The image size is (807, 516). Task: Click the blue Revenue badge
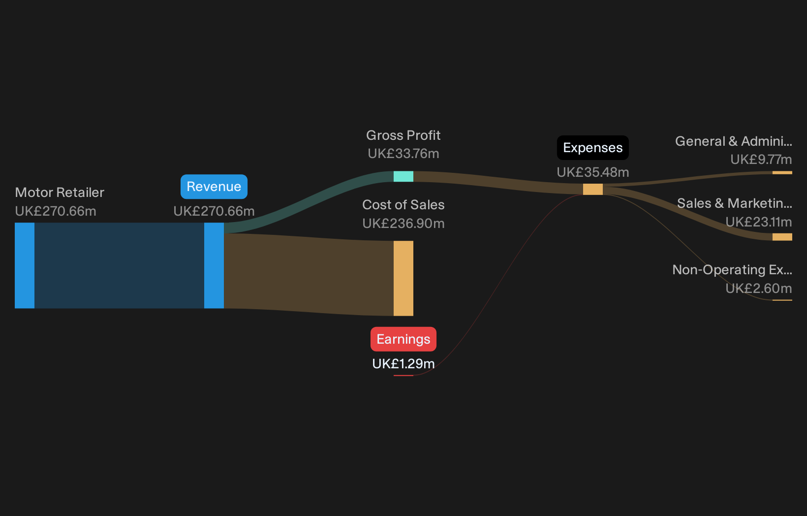(x=214, y=187)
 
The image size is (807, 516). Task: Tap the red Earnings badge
(x=403, y=339)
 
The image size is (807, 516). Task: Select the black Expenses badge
(x=593, y=148)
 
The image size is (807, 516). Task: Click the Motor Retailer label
(x=60, y=193)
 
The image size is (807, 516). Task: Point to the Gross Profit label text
(x=403, y=135)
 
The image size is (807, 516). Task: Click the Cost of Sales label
(x=403, y=205)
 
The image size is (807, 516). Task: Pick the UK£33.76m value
(x=403, y=154)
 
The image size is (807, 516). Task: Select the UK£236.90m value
(x=403, y=224)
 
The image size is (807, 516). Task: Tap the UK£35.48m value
(x=593, y=172)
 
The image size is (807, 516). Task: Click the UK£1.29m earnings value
(x=403, y=364)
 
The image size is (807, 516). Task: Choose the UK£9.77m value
(x=761, y=160)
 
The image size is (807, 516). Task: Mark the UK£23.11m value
(x=759, y=222)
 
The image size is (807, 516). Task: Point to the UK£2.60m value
(x=759, y=289)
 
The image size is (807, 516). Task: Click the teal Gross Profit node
(x=403, y=176)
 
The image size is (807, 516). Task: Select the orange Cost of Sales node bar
(x=403, y=278)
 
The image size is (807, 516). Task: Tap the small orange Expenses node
(x=593, y=189)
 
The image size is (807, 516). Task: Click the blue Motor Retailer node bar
(x=25, y=266)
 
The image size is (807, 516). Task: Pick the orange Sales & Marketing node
(x=782, y=237)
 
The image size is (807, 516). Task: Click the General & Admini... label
(x=734, y=141)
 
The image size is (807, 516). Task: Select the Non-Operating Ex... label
(x=732, y=270)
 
